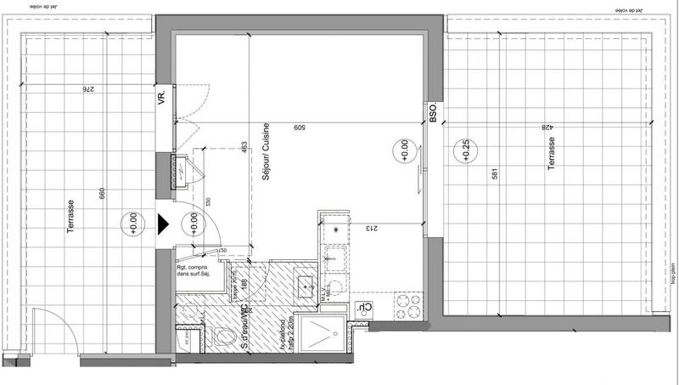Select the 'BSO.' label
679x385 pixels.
[433, 114]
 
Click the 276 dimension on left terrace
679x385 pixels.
[86, 89]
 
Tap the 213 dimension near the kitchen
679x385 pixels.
[371, 229]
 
